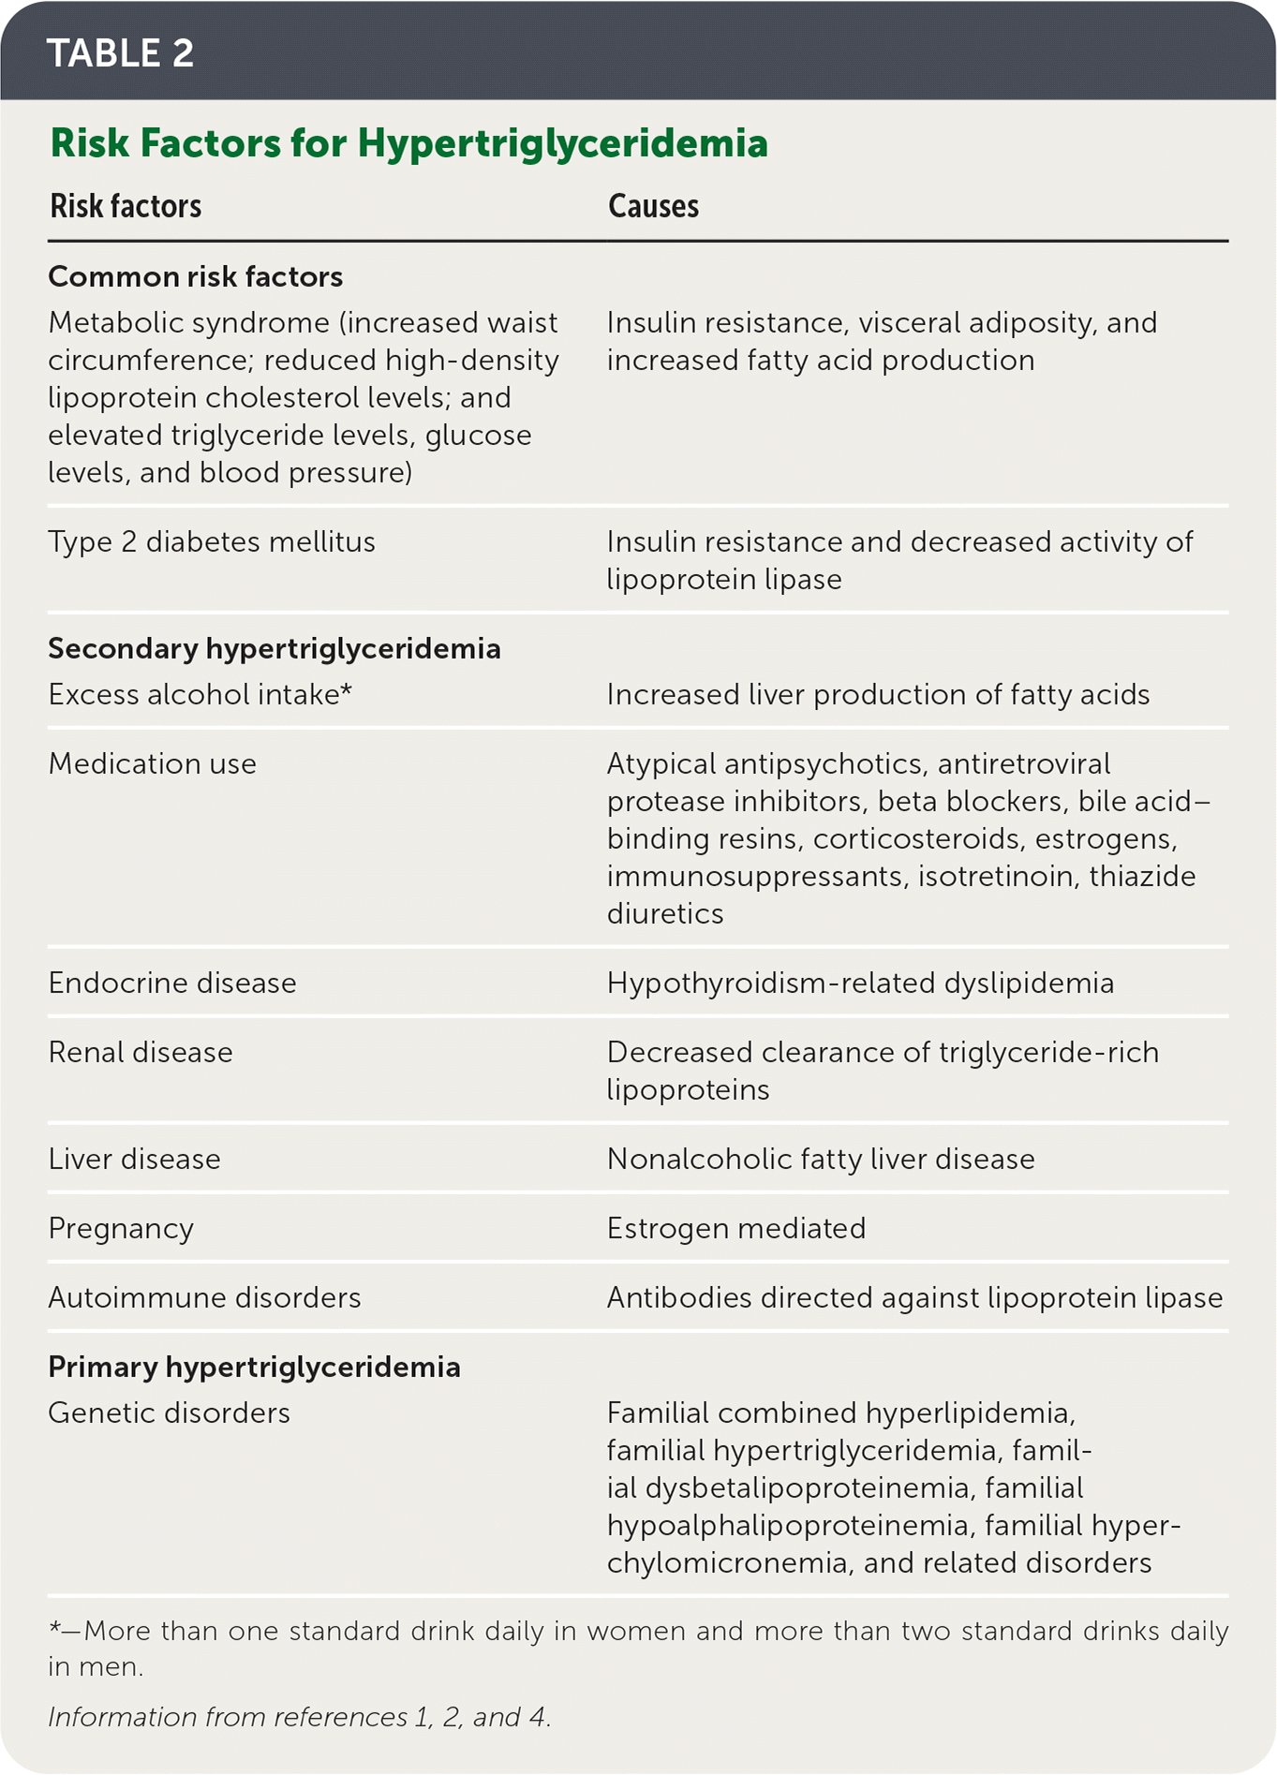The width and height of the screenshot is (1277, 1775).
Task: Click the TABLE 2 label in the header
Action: point(120,53)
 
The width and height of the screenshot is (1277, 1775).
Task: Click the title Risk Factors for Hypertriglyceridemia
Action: point(408,143)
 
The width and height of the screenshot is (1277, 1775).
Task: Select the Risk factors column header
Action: point(126,206)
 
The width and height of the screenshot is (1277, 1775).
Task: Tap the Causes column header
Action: point(653,206)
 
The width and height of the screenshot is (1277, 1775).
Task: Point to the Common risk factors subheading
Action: point(195,276)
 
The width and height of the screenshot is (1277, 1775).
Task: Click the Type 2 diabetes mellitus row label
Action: point(212,541)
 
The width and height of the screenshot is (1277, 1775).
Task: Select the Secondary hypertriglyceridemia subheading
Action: point(274,648)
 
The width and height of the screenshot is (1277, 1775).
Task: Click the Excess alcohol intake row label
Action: point(199,694)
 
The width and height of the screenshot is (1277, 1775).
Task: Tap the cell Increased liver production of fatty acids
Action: point(878,694)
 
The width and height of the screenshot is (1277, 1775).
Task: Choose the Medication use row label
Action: point(152,763)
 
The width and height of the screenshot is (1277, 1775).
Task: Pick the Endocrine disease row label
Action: point(172,983)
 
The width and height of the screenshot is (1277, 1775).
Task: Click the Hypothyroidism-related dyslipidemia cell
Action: point(860,983)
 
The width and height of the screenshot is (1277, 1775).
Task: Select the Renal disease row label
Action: point(141,1052)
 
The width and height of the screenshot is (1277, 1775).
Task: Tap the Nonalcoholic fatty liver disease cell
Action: point(821,1159)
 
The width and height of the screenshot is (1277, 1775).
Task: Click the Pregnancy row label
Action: point(121,1228)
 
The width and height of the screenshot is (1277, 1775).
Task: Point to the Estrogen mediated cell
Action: point(736,1228)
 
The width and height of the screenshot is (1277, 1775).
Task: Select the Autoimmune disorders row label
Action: point(204,1297)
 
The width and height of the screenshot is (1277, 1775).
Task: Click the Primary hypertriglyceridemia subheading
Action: point(254,1367)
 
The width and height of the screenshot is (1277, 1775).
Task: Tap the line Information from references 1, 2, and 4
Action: point(300,1717)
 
